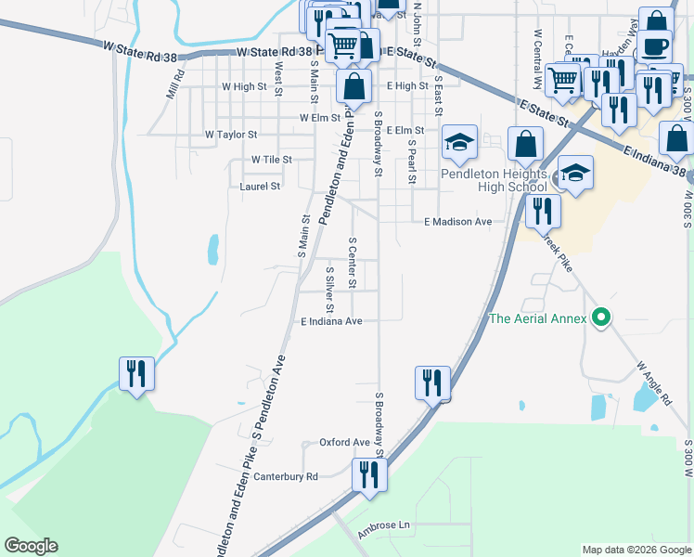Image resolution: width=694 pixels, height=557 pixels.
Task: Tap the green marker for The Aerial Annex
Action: [602, 318]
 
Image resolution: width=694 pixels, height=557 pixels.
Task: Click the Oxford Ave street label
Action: [344, 442]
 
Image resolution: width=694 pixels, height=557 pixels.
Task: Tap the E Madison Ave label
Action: [457, 222]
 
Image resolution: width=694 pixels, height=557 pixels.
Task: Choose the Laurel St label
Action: [260, 187]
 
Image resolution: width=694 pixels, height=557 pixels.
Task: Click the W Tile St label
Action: [271, 160]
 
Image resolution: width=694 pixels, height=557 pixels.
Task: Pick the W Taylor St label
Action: [231, 135]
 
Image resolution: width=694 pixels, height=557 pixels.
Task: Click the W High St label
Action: [244, 86]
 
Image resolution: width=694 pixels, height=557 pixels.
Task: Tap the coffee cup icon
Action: [655, 45]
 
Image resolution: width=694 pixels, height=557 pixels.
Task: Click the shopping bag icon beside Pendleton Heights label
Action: [526, 144]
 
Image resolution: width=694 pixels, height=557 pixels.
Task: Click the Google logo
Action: [32, 545]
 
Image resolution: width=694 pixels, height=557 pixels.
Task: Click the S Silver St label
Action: [329, 291]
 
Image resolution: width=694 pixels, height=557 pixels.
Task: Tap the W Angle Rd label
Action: [653, 384]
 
